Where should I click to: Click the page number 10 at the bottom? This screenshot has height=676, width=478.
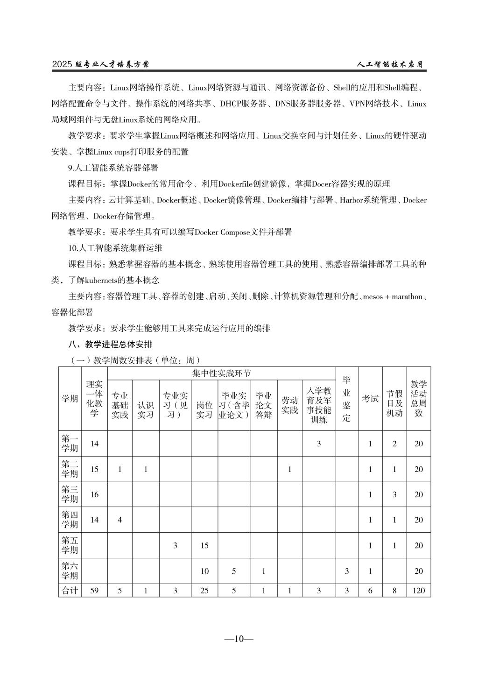pos(239,639)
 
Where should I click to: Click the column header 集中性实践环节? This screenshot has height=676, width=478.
pos(221,373)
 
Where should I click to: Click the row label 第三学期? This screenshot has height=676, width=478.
pos(70,494)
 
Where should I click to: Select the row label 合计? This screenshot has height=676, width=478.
pos(70,590)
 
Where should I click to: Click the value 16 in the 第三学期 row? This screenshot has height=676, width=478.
pos(94,494)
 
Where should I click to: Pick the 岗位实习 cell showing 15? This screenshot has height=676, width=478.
pos(204,545)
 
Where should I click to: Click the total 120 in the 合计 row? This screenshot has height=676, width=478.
pos(418,590)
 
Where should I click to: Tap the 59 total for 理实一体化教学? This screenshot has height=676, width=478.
pos(94,590)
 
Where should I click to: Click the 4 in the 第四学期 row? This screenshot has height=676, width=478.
pos(119,520)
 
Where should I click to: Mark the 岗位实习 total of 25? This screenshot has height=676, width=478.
pos(204,590)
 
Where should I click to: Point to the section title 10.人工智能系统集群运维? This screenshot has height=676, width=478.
pos(115,248)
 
